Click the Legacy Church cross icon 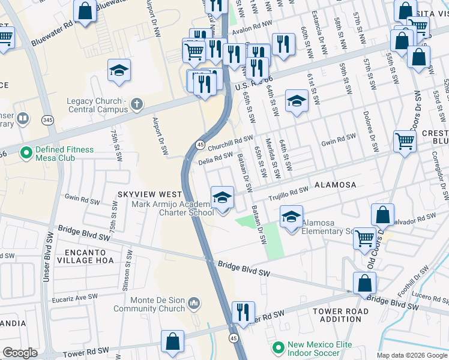137,105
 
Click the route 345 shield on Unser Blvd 48,121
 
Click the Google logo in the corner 20,352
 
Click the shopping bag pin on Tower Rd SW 172,341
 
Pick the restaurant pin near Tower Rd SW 243,312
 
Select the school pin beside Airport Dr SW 119,70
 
